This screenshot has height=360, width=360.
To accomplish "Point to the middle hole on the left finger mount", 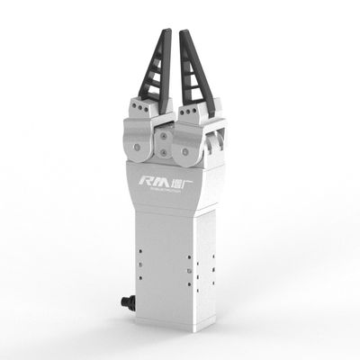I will pos(139,109).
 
